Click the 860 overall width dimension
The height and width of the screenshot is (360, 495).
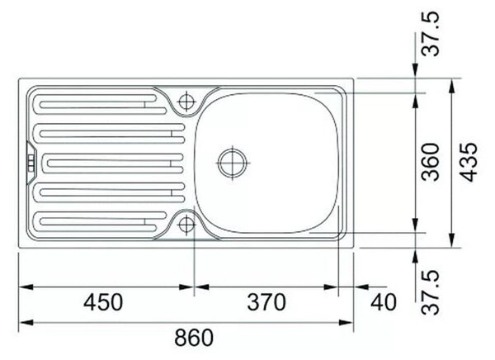click(x=194, y=338)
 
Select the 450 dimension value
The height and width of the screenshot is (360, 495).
click(x=103, y=302)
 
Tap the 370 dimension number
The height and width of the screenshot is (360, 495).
click(x=266, y=302)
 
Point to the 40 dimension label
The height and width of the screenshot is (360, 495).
click(x=384, y=302)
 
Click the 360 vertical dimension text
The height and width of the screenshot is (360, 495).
click(x=431, y=162)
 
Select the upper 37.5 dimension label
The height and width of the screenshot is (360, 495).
click(x=431, y=34)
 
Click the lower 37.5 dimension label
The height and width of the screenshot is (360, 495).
click(x=431, y=292)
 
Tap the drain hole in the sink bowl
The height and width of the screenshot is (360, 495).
click(x=233, y=163)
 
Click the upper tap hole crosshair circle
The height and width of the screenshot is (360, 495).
click(x=187, y=102)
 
